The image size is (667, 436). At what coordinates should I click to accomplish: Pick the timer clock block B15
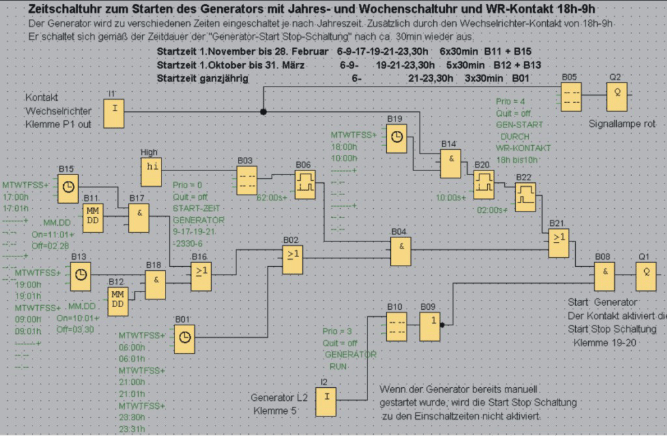pyautogui.click(x=68, y=187)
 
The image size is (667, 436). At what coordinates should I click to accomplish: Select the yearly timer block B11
pyautogui.click(x=94, y=217)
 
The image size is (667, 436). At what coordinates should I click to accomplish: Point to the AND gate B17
pyautogui.click(x=138, y=216)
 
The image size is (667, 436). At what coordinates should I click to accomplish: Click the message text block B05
pyautogui.click(x=571, y=96)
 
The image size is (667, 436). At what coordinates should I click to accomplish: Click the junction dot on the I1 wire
pyautogui.click(x=263, y=111)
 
